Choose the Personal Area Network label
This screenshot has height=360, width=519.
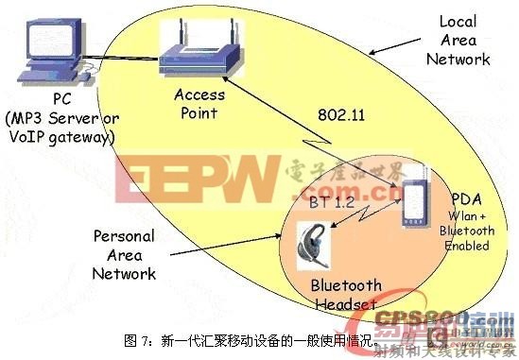click(x=124, y=254)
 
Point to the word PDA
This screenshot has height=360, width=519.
click(x=469, y=200)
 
